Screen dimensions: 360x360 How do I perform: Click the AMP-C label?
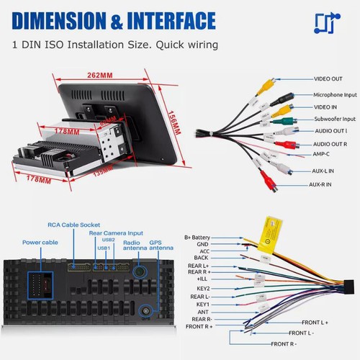click(x=323, y=153)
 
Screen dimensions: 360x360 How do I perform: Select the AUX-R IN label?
click(x=325, y=184)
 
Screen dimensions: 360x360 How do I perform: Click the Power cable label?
click(x=38, y=242)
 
